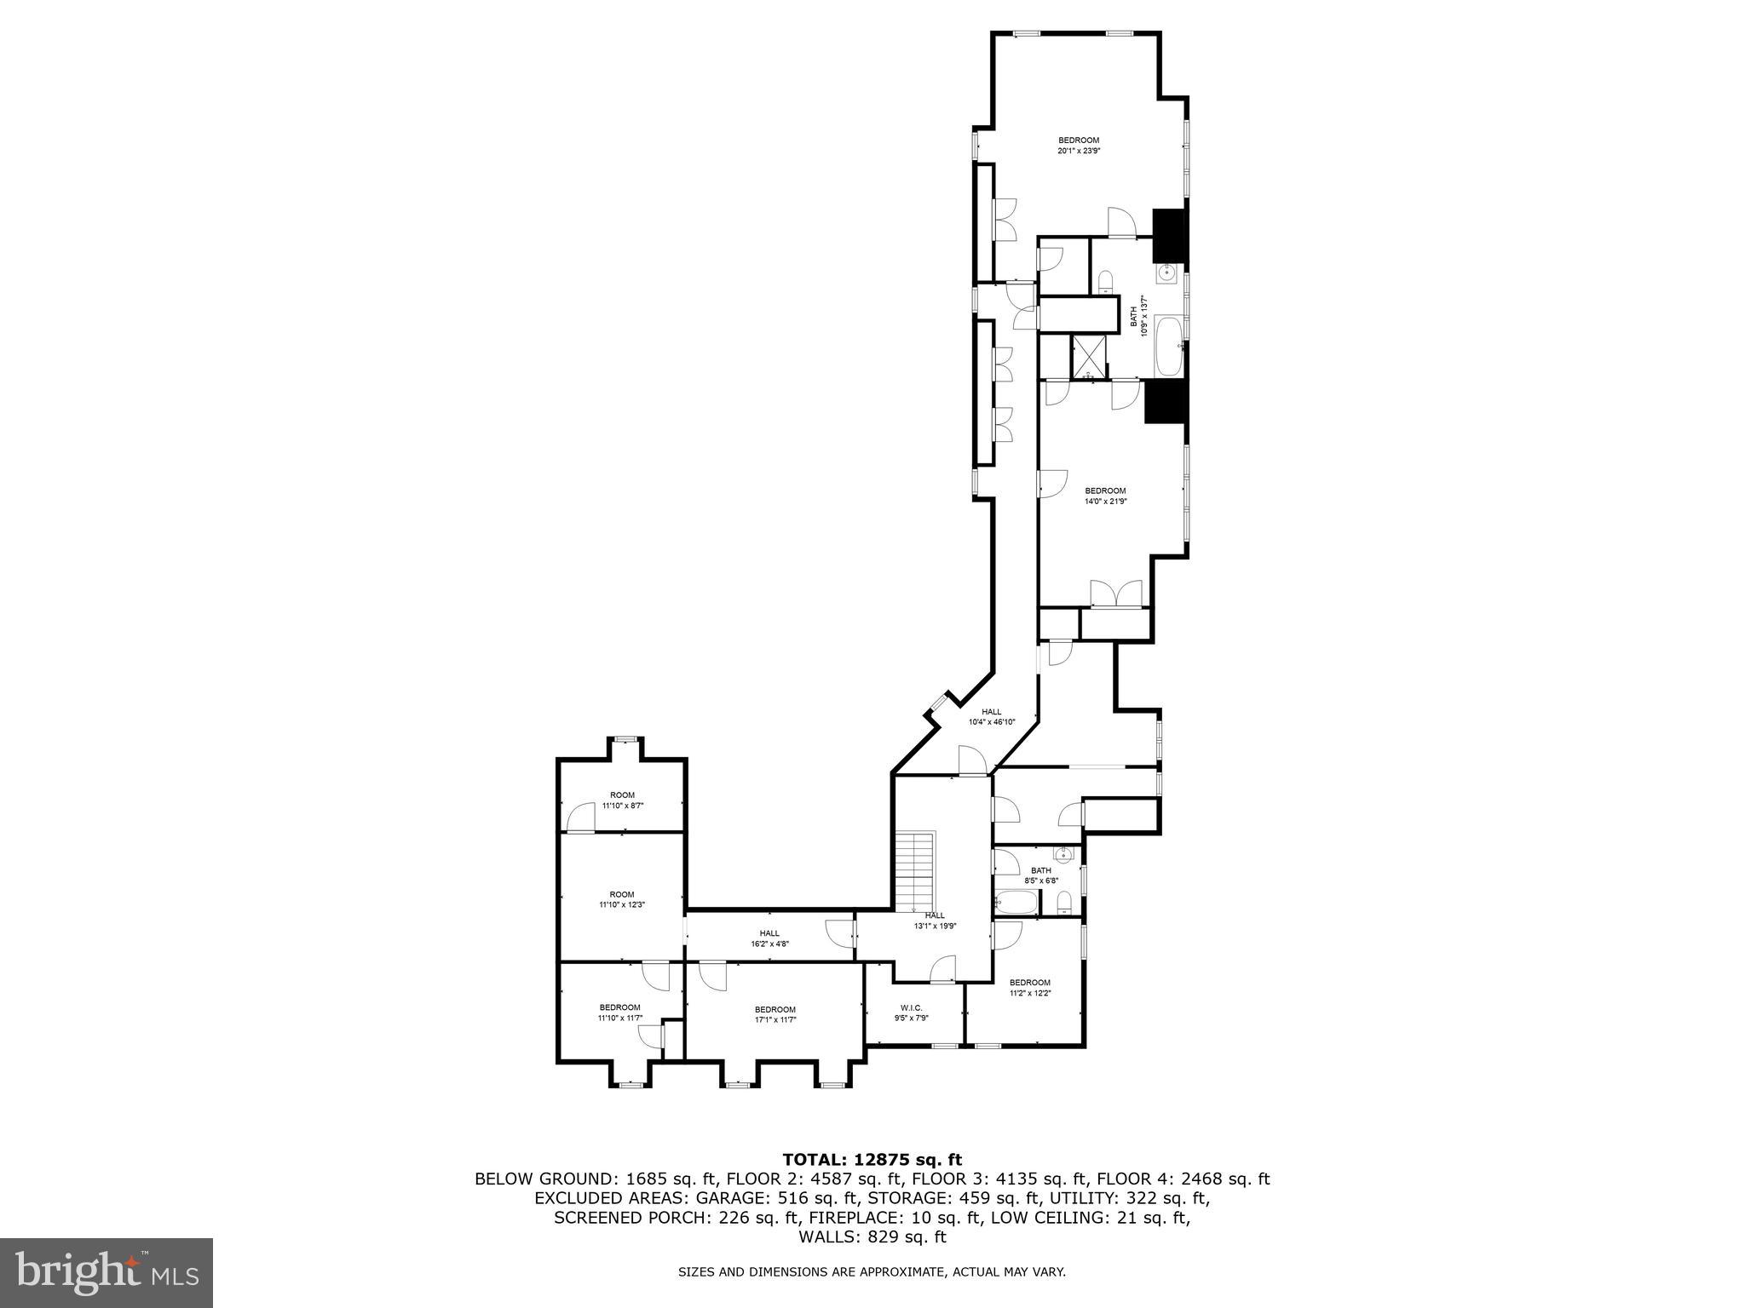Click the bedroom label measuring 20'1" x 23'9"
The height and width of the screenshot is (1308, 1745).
1079,146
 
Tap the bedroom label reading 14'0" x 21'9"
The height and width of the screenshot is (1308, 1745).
1105,496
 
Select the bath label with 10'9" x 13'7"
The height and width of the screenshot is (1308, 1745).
1138,317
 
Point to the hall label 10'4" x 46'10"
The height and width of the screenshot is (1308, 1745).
991,717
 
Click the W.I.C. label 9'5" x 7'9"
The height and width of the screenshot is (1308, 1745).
911,1013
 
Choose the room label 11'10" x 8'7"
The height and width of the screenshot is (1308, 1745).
622,800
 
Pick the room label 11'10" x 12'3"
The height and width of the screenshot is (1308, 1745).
622,899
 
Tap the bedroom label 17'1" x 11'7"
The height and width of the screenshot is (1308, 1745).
775,1015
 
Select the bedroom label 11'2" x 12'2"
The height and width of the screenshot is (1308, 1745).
1029,988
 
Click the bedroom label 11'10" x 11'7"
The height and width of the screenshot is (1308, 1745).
619,1013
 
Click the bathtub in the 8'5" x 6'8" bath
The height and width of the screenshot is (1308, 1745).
1013,903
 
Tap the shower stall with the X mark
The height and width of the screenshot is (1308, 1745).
1088,357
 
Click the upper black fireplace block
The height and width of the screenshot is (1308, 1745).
1169,235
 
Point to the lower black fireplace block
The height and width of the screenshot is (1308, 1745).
1165,401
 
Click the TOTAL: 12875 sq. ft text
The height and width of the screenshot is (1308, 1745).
872,1159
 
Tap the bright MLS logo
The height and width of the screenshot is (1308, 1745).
107,1272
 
